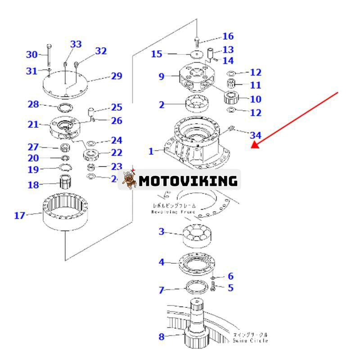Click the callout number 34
[255, 135]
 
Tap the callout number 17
[19, 216]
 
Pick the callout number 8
[162, 336]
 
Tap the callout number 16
[228, 36]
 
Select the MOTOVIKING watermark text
[188, 181]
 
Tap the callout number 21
[33, 124]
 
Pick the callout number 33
[76, 44]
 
